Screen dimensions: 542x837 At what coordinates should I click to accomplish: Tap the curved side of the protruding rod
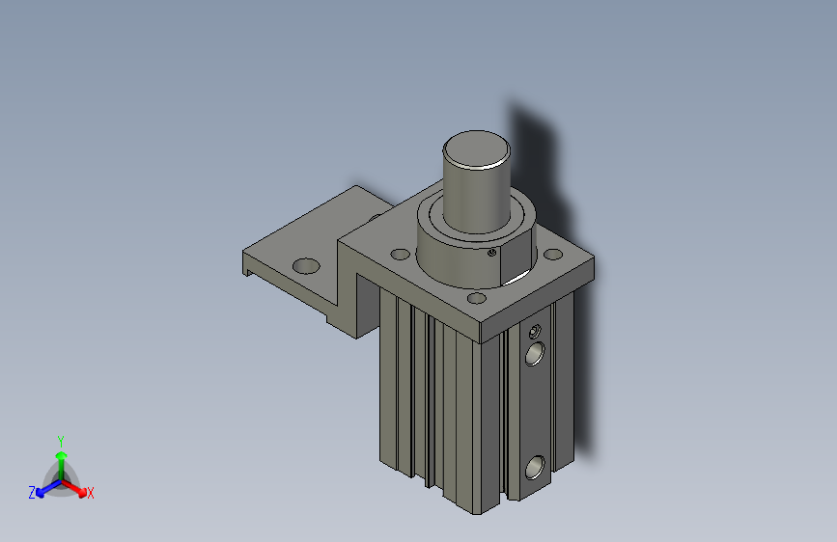click(475, 198)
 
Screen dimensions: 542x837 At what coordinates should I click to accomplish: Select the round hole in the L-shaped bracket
click(306, 264)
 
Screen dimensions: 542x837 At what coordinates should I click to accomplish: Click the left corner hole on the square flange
click(400, 256)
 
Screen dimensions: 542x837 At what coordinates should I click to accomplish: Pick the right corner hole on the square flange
click(552, 256)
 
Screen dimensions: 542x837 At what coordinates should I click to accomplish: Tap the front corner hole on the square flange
click(476, 299)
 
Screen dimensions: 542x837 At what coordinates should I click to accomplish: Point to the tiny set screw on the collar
click(492, 254)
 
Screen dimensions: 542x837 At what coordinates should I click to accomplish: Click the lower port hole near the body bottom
click(534, 470)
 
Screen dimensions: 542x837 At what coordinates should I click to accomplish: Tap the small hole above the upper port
click(536, 332)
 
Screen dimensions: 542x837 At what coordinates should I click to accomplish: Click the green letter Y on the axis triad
click(61, 439)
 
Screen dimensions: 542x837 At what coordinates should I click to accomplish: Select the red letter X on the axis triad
click(91, 493)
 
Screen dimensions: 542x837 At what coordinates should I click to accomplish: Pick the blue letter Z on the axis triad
click(32, 493)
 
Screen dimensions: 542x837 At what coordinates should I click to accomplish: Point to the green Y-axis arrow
click(61, 457)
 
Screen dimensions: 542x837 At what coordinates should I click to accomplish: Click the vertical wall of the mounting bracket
click(347, 289)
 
